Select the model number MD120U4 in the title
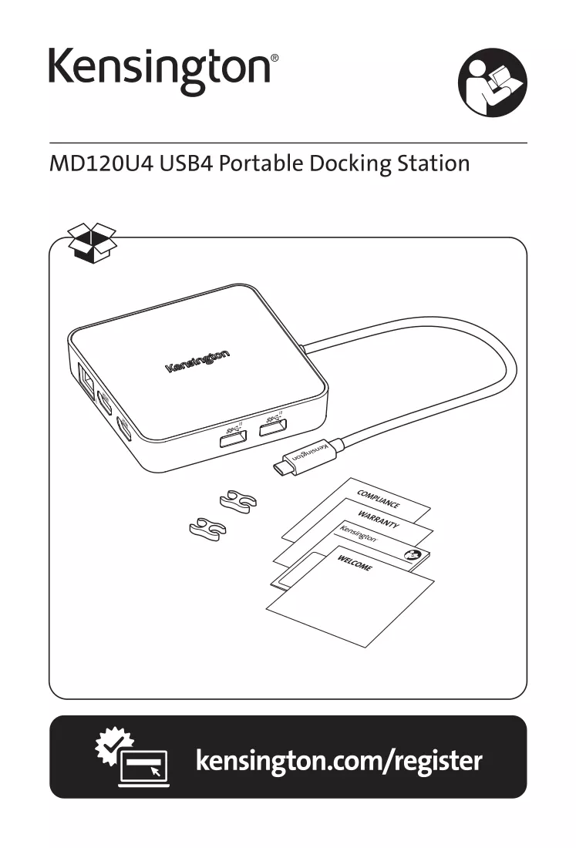pyautogui.click(x=101, y=163)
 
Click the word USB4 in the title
pyautogui.click(x=187, y=163)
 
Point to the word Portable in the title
pyautogui.click(x=261, y=163)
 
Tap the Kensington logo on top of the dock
pyautogui.click(x=197, y=361)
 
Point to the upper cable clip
pyautogui.click(x=238, y=501)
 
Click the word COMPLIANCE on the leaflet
pyautogui.click(x=378, y=499)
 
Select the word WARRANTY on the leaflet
pyautogui.click(x=379, y=519)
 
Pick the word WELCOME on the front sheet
pyautogui.click(x=355, y=563)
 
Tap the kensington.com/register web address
pyautogui.click(x=339, y=760)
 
